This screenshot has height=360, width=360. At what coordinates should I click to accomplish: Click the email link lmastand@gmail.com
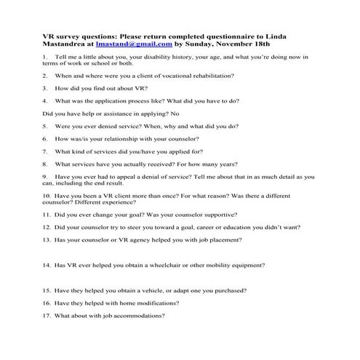point(134,44)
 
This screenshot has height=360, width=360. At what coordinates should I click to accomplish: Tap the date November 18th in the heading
point(255,44)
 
